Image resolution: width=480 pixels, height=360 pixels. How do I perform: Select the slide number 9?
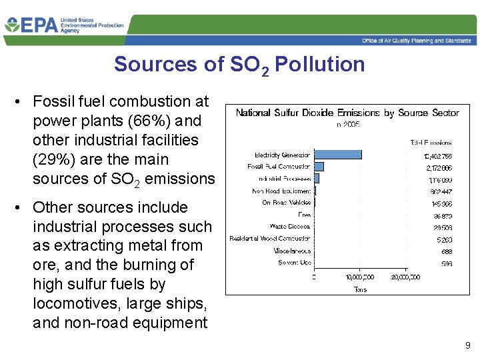(x=467, y=345)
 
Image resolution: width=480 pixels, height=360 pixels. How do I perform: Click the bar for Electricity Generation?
(x=338, y=155)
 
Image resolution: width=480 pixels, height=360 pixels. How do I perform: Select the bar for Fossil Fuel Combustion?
(x=319, y=167)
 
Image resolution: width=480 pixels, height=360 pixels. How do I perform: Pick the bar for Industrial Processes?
(x=317, y=178)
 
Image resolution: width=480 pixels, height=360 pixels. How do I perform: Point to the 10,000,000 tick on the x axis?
(x=359, y=277)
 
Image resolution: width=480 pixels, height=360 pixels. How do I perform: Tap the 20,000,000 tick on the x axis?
(x=405, y=277)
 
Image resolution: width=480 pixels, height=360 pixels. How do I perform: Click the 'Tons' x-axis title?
(x=359, y=289)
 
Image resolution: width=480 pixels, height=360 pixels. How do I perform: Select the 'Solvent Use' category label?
(x=295, y=263)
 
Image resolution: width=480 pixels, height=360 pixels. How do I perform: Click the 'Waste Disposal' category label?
(x=290, y=227)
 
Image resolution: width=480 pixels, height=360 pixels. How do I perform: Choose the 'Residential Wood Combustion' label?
(x=270, y=239)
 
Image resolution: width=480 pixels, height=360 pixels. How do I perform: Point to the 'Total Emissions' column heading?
(x=431, y=142)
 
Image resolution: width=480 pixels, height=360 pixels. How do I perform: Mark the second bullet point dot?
(x=21, y=207)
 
